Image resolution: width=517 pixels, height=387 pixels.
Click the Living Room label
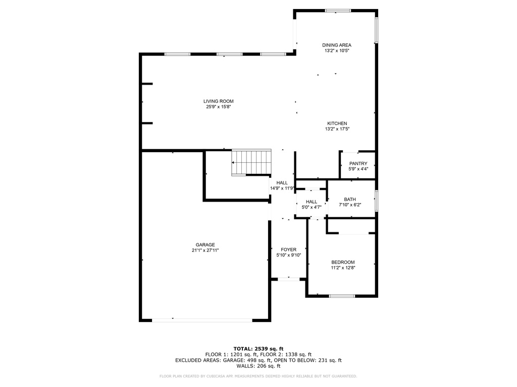click(218, 101)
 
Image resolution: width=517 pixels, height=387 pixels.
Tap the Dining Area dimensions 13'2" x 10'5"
click(337, 51)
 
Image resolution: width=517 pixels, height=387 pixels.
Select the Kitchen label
click(337, 123)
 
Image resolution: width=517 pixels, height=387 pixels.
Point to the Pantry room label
click(358, 164)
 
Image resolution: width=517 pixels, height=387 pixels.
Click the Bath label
click(350, 200)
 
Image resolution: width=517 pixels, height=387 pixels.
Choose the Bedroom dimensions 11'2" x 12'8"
click(343, 268)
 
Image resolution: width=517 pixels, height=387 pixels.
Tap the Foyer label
click(288, 250)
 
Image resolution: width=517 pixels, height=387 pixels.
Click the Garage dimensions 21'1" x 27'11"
click(205, 250)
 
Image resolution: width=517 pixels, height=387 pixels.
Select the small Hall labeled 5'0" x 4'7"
click(311, 205)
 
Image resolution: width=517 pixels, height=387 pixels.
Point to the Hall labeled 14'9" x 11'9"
click(282, 185)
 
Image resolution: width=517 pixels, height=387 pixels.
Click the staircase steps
click(251, 162)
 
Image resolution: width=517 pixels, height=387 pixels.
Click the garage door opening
click(202, 320)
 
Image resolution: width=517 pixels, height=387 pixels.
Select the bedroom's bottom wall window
click(342, 296)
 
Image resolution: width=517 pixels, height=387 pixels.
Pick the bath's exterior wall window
click(376, 201)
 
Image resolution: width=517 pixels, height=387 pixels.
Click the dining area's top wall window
click(338, 11)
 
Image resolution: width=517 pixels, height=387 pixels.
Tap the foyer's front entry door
click(288, 279)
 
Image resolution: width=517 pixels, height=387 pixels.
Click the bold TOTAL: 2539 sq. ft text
click(258, 349)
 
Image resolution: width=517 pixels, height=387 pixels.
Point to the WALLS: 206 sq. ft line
click(258, 366)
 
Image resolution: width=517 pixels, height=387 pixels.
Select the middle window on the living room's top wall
click(230, 54)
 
